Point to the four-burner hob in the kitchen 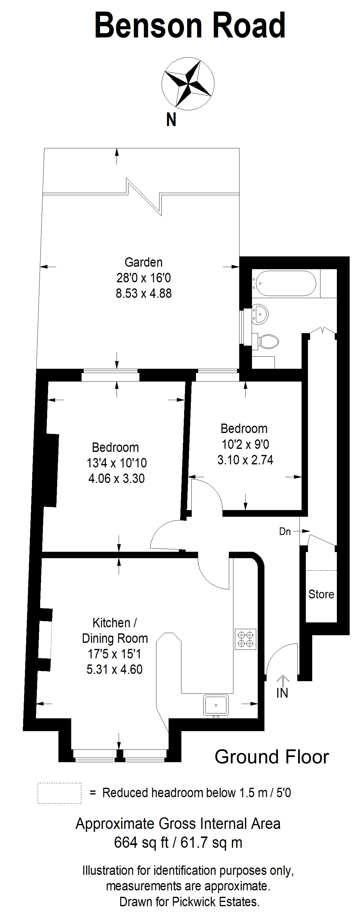[246, 639]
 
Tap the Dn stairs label [285, 531]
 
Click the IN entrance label [282, 693]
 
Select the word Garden [143, 262]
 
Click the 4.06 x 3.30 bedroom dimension [117, 478]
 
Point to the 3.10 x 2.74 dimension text [245, 460]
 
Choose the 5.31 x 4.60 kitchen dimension [114, 669]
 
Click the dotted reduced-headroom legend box [59, 793]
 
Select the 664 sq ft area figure [141, 843]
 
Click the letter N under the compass [171, 120]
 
